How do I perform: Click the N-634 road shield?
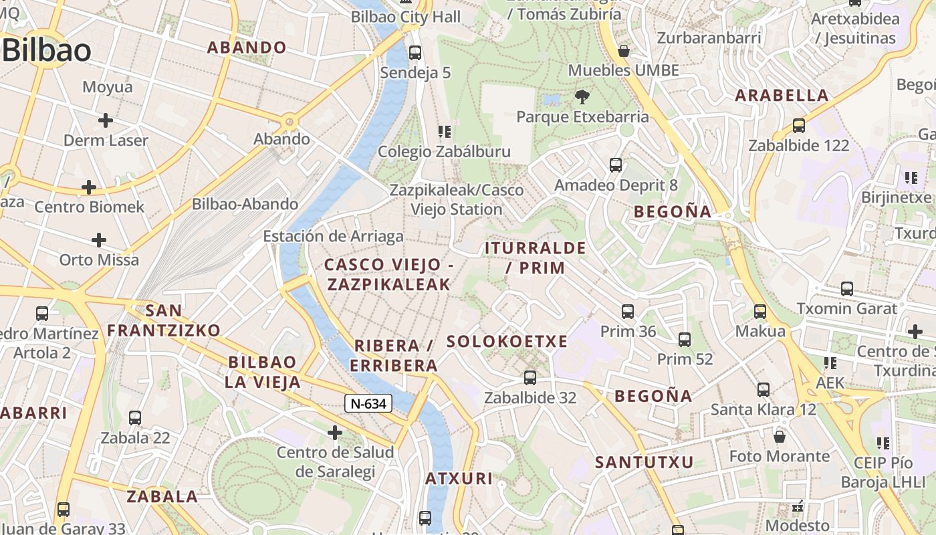pos(368,403)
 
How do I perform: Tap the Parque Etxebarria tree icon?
pos(582,97)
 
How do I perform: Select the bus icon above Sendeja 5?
pos(415,52)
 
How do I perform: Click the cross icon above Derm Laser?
pos(106,120)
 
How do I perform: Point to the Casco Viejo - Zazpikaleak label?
pos(388,275)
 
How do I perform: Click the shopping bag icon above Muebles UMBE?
pos(624,51)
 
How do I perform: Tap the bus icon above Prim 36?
pos(628,311)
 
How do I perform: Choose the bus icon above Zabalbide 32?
pos(530,378)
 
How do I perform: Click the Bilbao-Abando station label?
pos(245,204)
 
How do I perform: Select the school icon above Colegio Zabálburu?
pos(444,131)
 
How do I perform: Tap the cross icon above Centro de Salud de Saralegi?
pos(335,433)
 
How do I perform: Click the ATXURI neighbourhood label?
pos(459,479)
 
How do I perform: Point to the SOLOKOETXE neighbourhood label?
pos(507,342)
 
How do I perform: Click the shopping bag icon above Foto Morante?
pos(780,437)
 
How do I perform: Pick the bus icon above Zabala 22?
pos(135,418)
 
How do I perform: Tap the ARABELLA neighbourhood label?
pos(782,95)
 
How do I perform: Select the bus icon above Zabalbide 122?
pos(798,125)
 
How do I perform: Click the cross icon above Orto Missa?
pos(99,239)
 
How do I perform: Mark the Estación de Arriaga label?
pos(333,236)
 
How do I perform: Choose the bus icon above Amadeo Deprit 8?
pos(616,165)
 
